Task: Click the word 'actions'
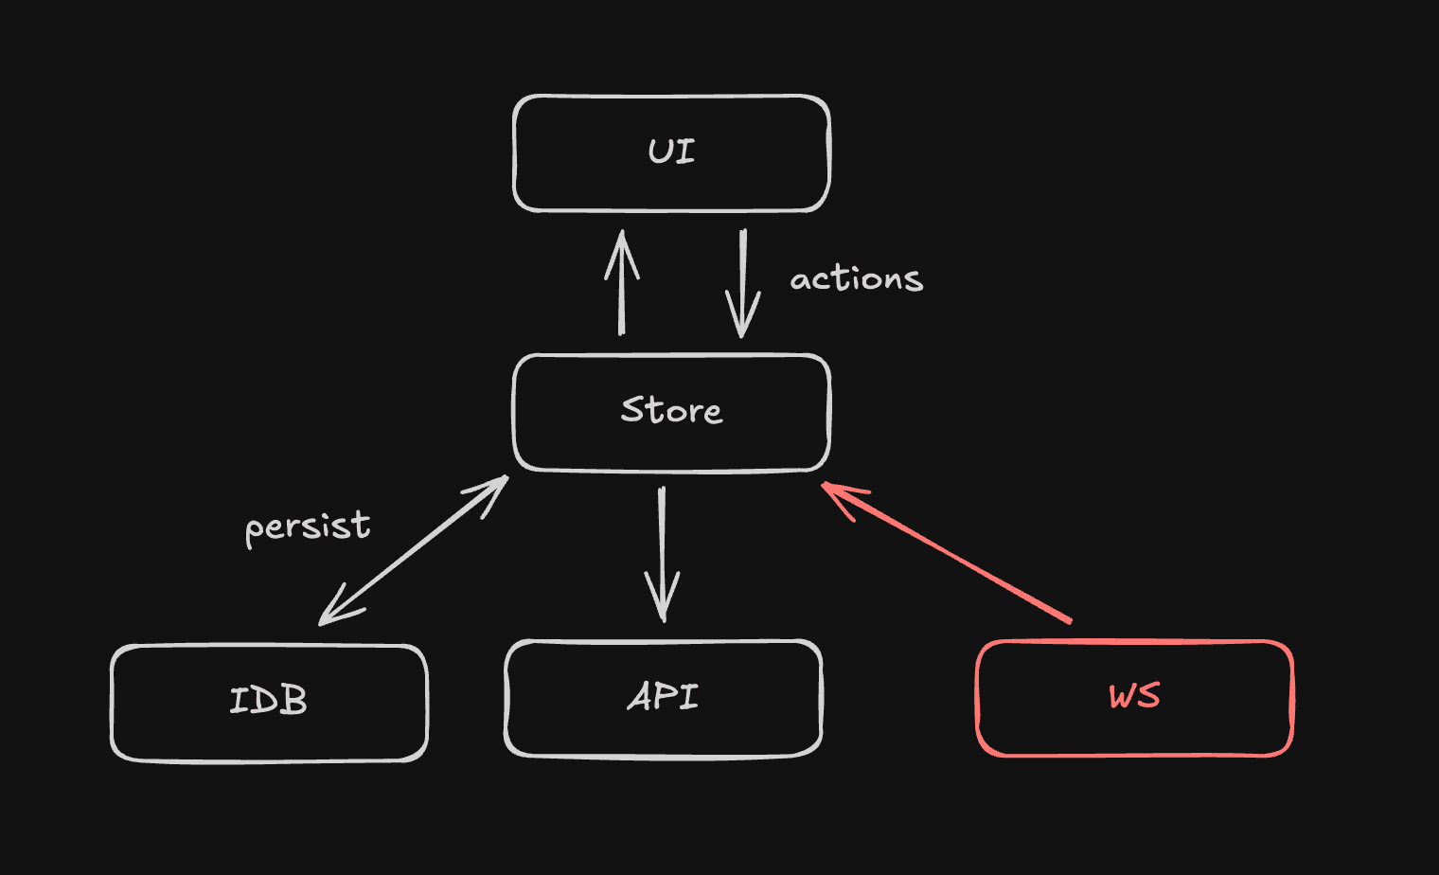pos(856,279)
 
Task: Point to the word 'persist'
pos(308,527)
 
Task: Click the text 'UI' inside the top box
pos(671,152)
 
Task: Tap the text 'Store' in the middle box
pos(671,410)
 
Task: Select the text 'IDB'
pos(269,701)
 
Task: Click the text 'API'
pos(663,697)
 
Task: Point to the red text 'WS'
pos(1134,696)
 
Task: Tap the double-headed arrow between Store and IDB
pos(414,550)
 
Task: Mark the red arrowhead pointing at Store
pos(837,494)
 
